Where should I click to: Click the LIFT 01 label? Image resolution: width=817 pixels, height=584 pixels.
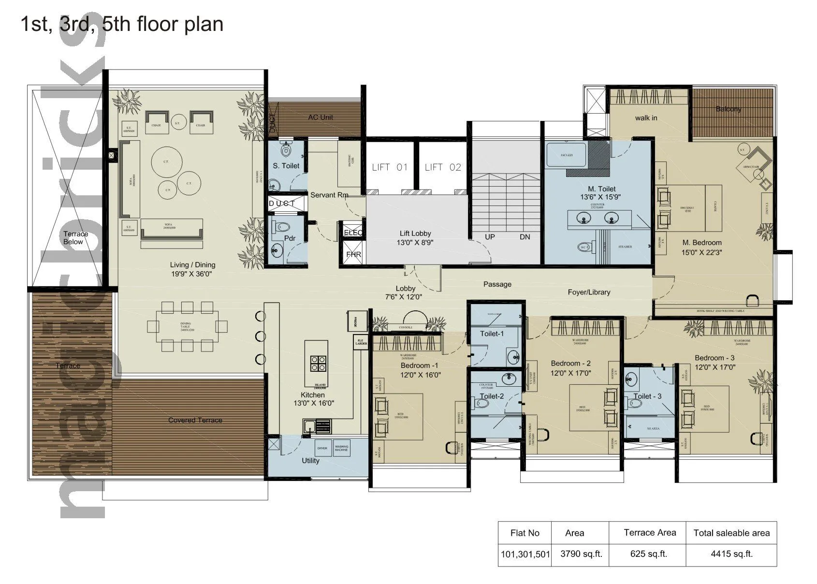pyautogui.click(x=390, y=167)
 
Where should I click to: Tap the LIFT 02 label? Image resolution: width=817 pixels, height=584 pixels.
pyautogui.click(x=443, y=167)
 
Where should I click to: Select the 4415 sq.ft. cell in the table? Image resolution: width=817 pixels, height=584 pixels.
pyautogui.click(x=731, y=554)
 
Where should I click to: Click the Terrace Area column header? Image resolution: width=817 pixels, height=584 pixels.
pyautogui.click(x=649, y=533)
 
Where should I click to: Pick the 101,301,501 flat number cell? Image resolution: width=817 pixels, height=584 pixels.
pyautogui.click(x=525, y=554)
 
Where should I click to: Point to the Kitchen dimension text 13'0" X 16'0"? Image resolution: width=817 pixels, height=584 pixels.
pyautogui.click(x=314, y=403)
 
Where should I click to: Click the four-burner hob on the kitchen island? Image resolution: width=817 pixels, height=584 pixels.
pyautogui.click(x=318, y=363)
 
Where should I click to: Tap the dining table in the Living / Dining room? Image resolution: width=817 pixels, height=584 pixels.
pyautogui.click(x=187, y=326)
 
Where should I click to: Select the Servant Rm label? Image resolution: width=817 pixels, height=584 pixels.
pyautogui.click(x=329, y=195)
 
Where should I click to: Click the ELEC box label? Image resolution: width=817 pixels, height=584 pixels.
pyautogui.click(x=353, y=233)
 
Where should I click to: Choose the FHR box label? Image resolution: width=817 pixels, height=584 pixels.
pyautogui.click(x=353, y=254)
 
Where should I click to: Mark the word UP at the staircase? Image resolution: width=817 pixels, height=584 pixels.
pyautogui.click(x=490, y=237)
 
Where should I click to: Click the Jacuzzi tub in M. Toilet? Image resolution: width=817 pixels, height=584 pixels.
pyautogui.click(x=566, y=155)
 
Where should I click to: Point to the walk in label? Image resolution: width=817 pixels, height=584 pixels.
pyautogui.click(x=646, y=118)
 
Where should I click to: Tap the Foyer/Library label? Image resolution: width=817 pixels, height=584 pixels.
pyautogui.click(x=588, y=292)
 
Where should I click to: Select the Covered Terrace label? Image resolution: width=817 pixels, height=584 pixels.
pyautogui.click(x=195, y=420)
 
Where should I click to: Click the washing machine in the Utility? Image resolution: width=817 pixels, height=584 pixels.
pyautogui.click(x=341, y=448)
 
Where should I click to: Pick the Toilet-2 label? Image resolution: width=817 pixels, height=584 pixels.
pyautogui.click(x=492, y=396)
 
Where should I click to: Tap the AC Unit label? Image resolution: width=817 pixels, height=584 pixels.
pyautogui.click(x=321, y=117)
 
